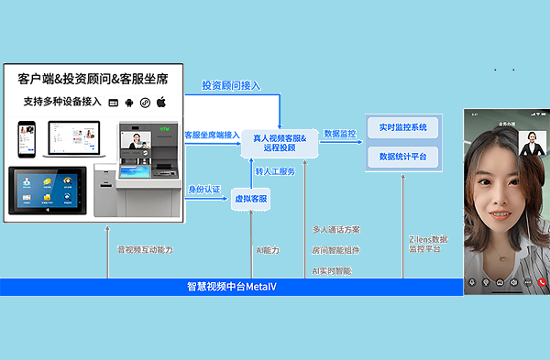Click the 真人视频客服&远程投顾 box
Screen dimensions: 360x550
279,141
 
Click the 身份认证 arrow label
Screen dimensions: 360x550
205,189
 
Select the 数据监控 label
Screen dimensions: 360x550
340,134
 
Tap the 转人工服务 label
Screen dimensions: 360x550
275,171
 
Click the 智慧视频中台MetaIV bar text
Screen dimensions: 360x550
230,288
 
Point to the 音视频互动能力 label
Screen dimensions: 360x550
144,249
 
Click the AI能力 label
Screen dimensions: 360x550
269,249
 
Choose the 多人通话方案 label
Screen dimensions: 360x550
336,229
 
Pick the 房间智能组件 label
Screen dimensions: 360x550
336,249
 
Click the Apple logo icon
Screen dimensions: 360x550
161,101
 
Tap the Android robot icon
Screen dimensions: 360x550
128,101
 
